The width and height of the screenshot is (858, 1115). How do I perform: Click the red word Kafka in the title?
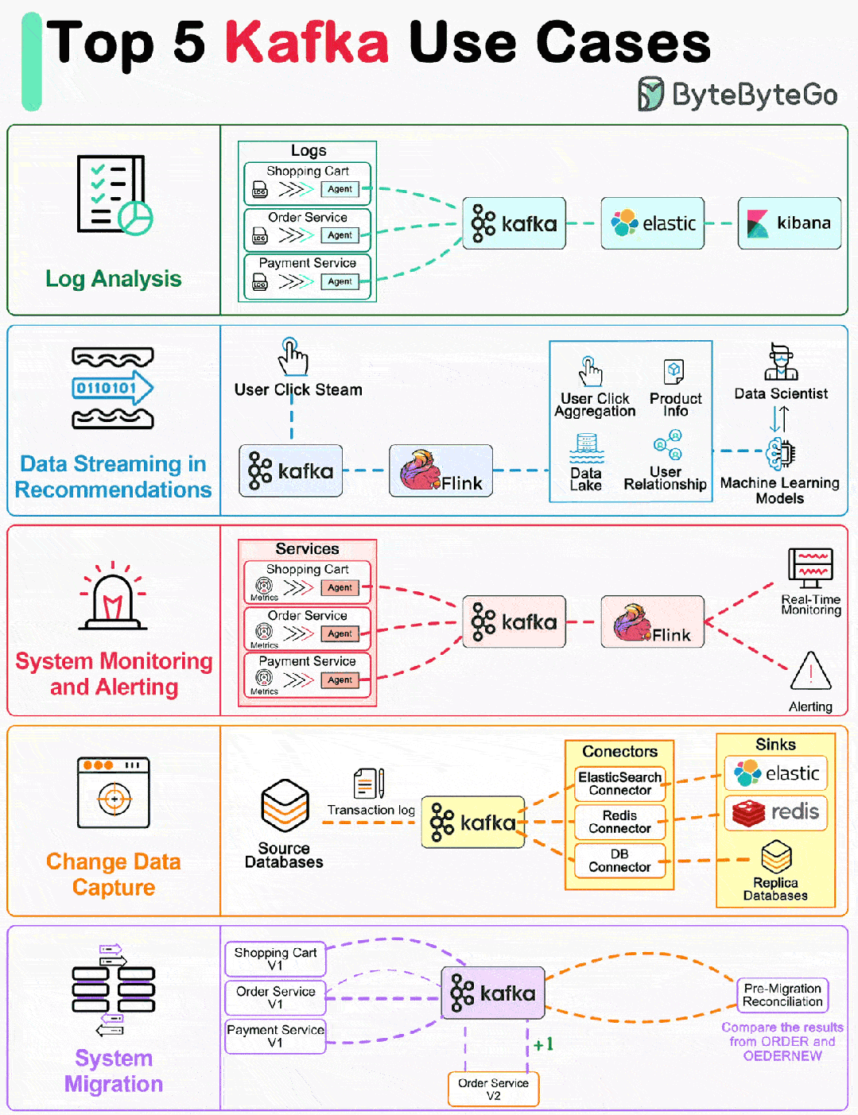click(307, 43)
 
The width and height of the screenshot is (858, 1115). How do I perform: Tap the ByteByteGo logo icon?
click(650, 94)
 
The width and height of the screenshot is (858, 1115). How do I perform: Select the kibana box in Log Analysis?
click(790, 223)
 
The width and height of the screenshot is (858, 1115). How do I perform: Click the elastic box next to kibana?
click(652, 223)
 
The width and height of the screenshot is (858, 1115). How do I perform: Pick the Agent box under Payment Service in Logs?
click(340, 281)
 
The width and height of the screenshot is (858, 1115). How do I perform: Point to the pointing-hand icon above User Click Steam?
click(293, 356)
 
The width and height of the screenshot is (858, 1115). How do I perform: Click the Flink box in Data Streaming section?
click(441, 470)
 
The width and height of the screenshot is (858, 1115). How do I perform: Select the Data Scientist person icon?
click(781, 362)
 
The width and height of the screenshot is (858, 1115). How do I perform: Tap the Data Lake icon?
click(587, 448)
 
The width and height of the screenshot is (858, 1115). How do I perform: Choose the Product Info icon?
click(674, 371)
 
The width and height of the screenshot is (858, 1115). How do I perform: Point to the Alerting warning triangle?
click(811, 671)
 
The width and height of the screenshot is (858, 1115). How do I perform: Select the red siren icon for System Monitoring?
click(113, 596)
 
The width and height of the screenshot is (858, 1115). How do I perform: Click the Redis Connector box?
click(619, 822)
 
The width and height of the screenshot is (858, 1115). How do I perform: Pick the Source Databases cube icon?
click(285, 805)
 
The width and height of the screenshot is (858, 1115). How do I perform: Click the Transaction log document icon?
click(369, 784)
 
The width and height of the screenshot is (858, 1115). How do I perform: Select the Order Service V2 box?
click(493, 1089)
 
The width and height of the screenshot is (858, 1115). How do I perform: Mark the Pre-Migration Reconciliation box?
click(782, 995)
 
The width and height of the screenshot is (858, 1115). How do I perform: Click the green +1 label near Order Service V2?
click(543, 1044)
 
